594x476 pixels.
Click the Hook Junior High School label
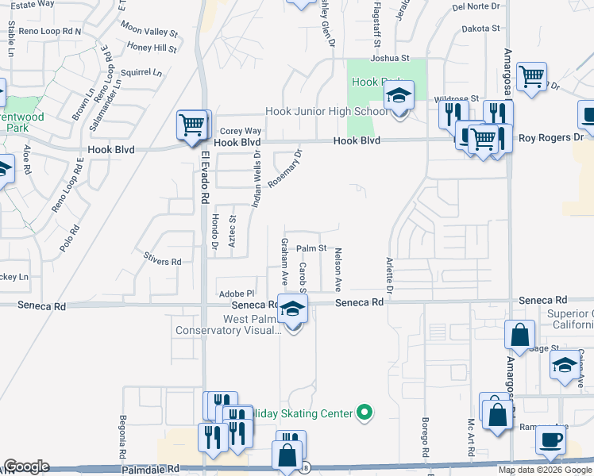pyautogui.click(x=326, y=112)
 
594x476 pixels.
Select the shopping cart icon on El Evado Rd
pyautogui.click(x=191, y=125)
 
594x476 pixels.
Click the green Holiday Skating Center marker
pyautogui.click(x=364, y=412)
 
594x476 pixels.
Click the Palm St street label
pyautogui.click(x=312, y=248)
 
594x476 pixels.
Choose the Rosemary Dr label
pyautogui.click(x=286, y=168)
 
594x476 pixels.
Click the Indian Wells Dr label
pyautogui.click(x=256, y=180)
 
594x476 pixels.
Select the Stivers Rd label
pyautogui.click(x=162, y=261)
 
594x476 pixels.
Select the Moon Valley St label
pyautogui.click(x=149, y=32)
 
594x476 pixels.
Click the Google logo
pyautogui.click(x=26, y=466)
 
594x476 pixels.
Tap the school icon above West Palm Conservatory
pyautogui.click(x=292, y=309)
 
